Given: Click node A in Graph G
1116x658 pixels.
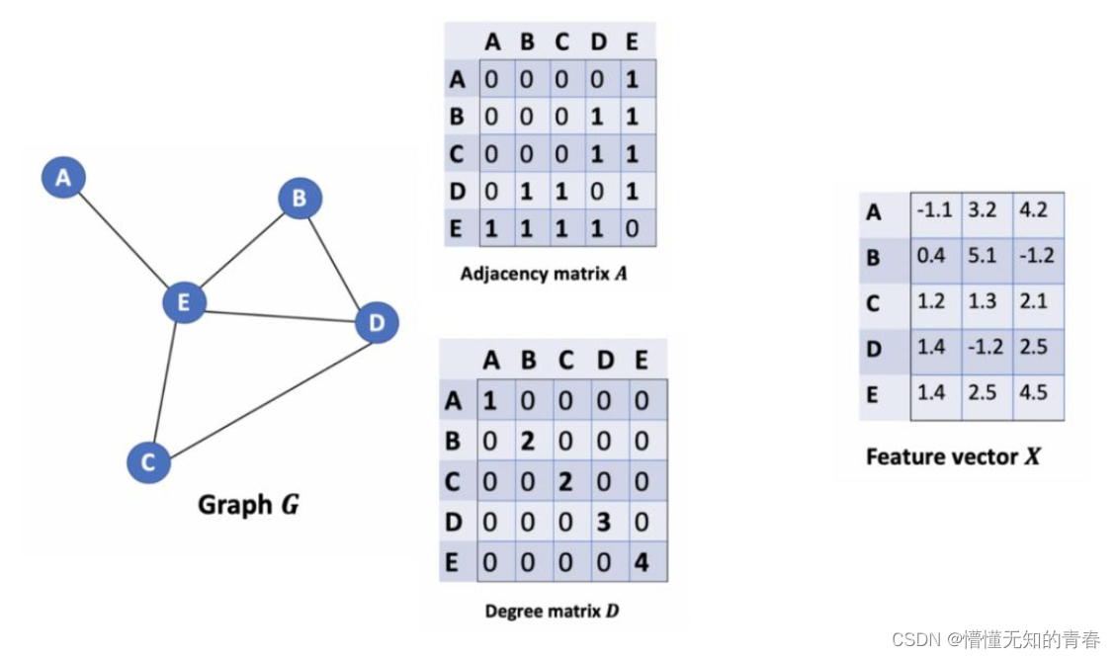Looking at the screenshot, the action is point(63,177).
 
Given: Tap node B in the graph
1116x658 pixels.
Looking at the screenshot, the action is point(300,198).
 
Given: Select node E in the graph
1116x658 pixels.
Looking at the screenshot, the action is point(184,302).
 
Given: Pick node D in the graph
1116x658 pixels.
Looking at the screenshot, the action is point(377,322).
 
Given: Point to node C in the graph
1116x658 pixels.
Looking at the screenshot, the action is point(148,462).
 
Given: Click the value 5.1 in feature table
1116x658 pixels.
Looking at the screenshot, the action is point(983,255).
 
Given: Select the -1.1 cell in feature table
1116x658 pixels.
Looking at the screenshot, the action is point(934,209).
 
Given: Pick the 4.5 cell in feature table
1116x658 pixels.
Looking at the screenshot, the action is point(1033,392).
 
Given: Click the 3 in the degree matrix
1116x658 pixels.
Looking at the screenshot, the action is point(604,522).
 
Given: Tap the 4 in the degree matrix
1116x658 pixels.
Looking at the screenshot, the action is point(642,563).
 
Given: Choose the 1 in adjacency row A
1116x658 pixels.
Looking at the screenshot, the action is point(632,79).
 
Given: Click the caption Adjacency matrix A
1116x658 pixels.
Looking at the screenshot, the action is point(544,274).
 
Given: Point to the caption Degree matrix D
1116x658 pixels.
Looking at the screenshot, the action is point(552,611).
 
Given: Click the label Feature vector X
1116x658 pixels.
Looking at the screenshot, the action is point(953,456).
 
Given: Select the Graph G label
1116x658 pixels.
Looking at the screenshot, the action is point(248,504).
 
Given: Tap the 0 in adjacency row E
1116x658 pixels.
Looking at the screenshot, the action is point(632,228).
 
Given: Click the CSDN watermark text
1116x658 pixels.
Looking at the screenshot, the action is point(995,639).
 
